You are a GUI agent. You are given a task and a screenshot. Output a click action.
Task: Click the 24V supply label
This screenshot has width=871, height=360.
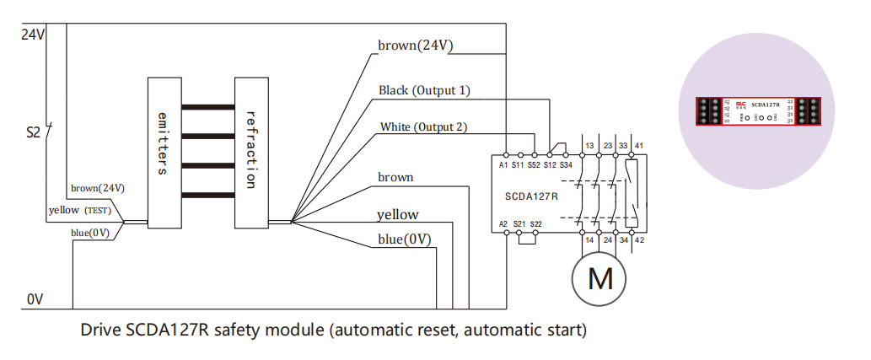[32, 35]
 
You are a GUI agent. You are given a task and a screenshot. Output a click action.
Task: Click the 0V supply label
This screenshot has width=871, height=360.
[34, 300]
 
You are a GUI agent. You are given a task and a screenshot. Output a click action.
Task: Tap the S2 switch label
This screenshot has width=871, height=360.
[34, 132]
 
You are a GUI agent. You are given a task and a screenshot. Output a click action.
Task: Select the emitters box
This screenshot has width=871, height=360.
[164, 152]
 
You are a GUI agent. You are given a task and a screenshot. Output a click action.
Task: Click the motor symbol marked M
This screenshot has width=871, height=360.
[599, 278]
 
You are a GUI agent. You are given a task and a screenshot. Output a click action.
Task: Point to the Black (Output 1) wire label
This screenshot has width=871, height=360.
[424, 90]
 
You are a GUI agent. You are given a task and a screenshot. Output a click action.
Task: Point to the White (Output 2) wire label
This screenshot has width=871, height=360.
[424, 127]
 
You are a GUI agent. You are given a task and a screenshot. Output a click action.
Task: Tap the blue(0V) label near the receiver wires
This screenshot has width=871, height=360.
[404, 239]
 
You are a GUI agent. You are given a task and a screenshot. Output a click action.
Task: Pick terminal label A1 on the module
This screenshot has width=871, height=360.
[503, 165]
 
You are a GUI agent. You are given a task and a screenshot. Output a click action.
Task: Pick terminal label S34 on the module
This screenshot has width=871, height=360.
[566, 165]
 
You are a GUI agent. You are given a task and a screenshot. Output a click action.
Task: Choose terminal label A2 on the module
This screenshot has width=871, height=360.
[503, 223]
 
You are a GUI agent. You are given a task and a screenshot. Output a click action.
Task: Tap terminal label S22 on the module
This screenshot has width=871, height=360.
[536, 223]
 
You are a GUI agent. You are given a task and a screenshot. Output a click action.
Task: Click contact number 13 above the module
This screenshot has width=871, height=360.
[589, 146]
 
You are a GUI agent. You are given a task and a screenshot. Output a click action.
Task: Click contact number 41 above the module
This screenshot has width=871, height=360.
[639, 146]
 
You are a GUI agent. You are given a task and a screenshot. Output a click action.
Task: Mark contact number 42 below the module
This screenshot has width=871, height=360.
[639, 240]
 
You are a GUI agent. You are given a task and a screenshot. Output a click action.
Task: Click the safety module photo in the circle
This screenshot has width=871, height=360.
[756, 111]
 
